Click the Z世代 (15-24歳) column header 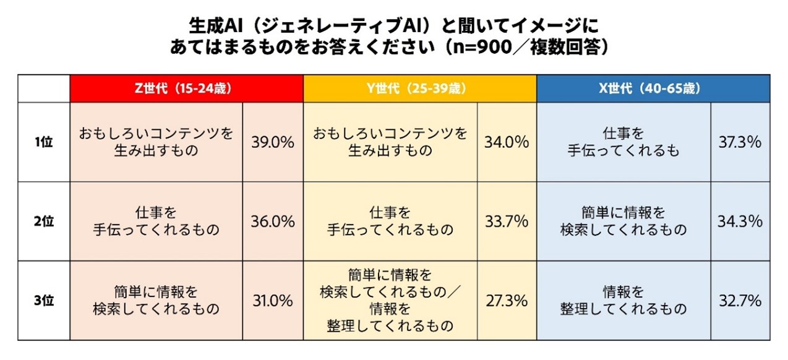click(186, 88)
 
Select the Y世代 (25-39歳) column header click(420, 88)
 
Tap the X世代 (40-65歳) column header click(653, 88)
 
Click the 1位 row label click(43, 142)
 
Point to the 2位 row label click(43, 221)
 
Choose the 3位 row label click(43, 301)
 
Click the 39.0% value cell click(272, 142)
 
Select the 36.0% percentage click(272, 221)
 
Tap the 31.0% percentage click(272, 301)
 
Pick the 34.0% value click(507, 142)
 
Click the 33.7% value click(507, 221)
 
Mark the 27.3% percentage click(507, 301)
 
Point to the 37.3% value click(740, 142)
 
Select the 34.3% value click(740, 221)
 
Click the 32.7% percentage click(740, 301)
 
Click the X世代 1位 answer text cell click(623, 142)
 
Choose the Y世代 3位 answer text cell click(390, 300)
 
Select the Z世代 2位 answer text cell click(156, 221)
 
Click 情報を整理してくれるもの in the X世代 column click(623, 300)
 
